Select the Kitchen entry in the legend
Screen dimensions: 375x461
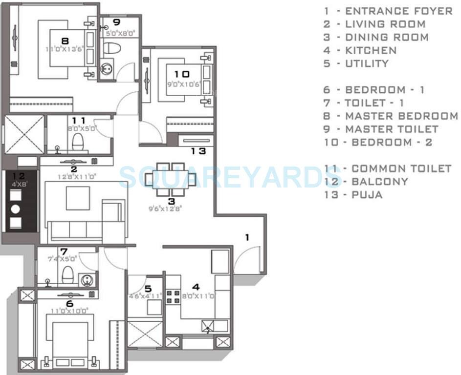click(x=360, y=50)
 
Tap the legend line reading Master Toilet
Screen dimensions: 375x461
click(x=381, y=129)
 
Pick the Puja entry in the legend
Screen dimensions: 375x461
click(x=353, y=195)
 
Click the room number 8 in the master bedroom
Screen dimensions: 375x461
click(x=65, y=41)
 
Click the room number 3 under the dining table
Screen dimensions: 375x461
click(x=171, y=201)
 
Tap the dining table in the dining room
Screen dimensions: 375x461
click(x=171, y=179)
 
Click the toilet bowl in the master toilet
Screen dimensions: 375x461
click(x=112, y=48)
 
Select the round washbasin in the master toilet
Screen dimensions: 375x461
click(x=107, y=69)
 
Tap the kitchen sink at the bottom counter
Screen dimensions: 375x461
click(x=207, y=326)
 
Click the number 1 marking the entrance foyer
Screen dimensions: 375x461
click(x=247, y=237)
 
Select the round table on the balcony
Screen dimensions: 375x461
click(x=15, y=208)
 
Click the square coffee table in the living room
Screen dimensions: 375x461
click(x=78, y=198)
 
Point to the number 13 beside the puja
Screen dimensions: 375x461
click(x=198, y=151)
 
